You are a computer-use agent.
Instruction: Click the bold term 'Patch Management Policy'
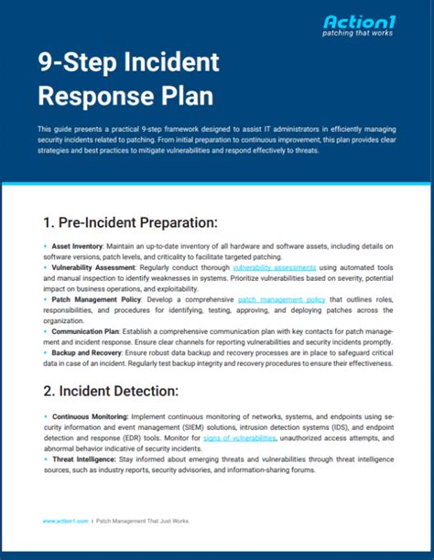pos(95,299)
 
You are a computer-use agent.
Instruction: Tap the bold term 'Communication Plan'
pos(88,332)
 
